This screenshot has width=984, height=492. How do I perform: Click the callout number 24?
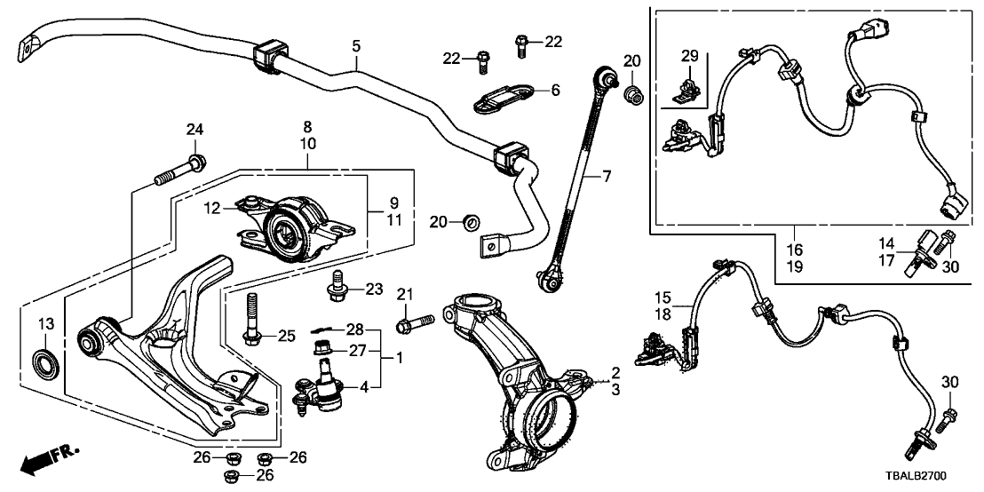(x=194, y=131)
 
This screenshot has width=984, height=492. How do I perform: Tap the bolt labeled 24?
(x=181, y=170)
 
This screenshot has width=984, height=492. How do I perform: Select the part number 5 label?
(x=356, y=44)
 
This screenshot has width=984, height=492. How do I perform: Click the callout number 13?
(x=45, y=322)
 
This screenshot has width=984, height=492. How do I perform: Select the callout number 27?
(x=358, y=350)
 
